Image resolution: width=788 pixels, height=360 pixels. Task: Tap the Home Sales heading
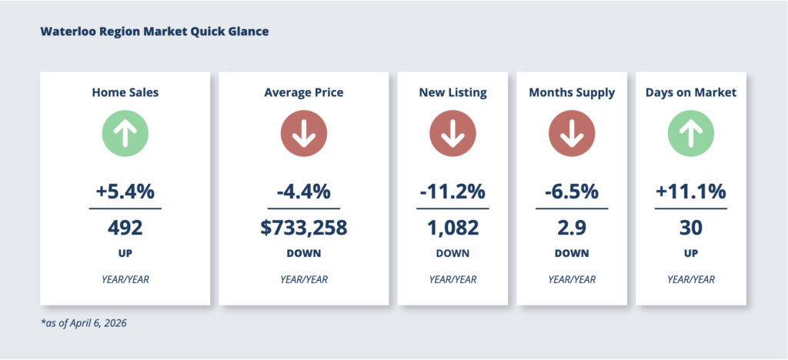click(x=125, y=92)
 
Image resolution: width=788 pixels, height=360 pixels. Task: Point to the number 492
click(x=125, y=228)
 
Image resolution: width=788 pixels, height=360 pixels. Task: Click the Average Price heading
click(x=303, y=92)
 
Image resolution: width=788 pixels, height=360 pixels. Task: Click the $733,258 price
click(x=303, y=228)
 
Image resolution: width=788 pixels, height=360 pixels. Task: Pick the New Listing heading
click(x=452, y=92)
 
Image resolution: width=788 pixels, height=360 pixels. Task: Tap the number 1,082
click(x=452, y=228)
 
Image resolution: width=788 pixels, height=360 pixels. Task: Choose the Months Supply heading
click(x=572, y=92)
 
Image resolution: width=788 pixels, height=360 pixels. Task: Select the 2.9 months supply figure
click(x=572, y=228)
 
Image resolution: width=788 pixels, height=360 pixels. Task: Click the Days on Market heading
click(x=690, y=92)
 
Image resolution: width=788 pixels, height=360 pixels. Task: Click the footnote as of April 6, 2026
click(x=84, y=323)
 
